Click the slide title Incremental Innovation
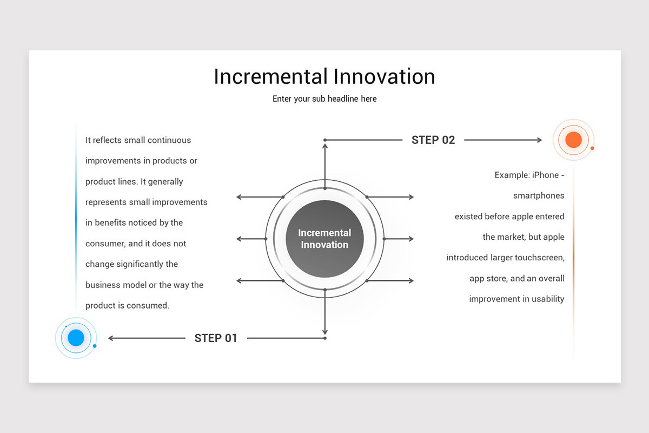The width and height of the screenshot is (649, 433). click(x=325, y=77)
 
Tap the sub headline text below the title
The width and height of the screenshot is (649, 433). click(x=325, y=99)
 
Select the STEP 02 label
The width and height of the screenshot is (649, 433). click(x=433, y=140)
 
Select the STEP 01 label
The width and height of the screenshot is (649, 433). click(x=216, y=338)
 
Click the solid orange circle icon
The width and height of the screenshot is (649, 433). click(x=573, y=140)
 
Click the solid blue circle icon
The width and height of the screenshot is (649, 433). click(x=76, y=338)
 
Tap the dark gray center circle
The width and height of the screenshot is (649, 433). click(x=325, y=239)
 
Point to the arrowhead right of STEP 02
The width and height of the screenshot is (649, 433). click(x=539, y=140)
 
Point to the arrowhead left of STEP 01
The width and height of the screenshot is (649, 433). click(x=111, y=338)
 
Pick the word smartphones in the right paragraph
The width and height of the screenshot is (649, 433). click(x=539, y=196)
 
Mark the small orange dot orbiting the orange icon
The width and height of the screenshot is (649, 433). click(x=592, y=148)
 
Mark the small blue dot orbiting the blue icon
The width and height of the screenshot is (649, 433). click(x=95, y=346)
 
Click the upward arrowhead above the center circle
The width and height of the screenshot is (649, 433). click(x=325, y=147)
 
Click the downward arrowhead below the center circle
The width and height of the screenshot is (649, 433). click(x=325, y=331)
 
